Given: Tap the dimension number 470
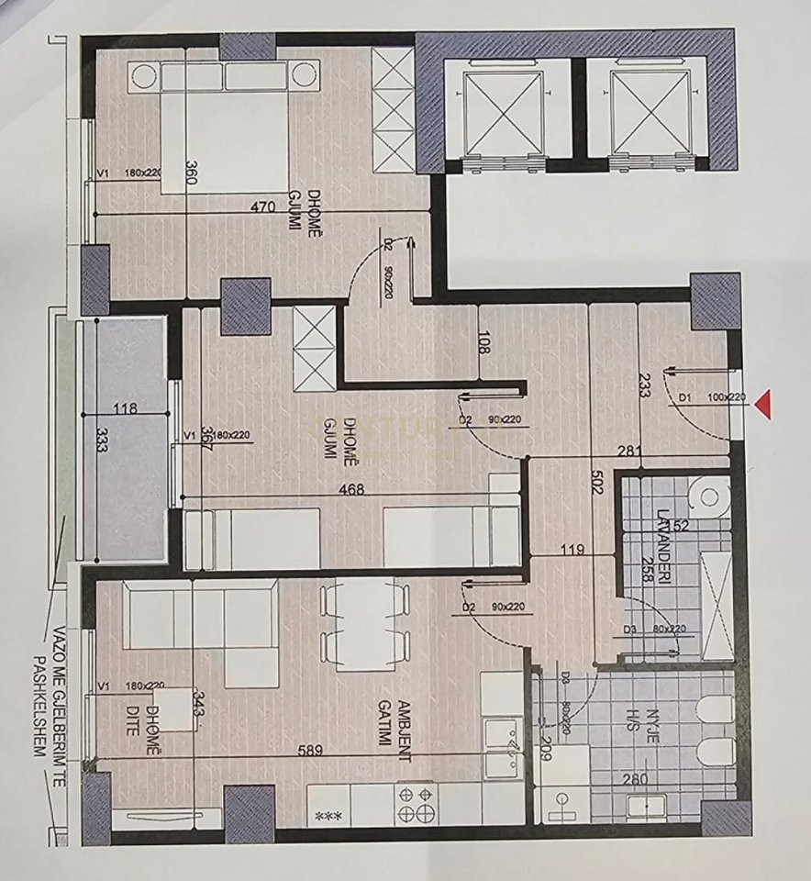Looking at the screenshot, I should tap(263, 206).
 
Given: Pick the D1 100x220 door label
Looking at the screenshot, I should tap(712, 398).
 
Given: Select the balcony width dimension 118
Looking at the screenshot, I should tap(126, 408).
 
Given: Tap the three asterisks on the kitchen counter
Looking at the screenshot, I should tap(326, 814).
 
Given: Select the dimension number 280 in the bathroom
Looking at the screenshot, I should tap(633, 781).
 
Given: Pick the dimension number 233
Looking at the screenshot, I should tap(643, 388).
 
